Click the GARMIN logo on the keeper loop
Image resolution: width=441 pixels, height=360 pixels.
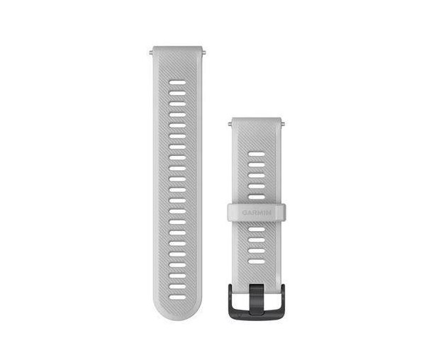click(257, 210)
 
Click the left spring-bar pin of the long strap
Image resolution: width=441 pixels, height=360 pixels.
click(150, 50)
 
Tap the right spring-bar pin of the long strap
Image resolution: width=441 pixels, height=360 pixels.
click(205, 50)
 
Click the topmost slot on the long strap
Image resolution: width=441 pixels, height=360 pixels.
click(177, 83)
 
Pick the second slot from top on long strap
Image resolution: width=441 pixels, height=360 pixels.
click(177, 94)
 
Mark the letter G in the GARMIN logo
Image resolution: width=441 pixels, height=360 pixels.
click(245, 210)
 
